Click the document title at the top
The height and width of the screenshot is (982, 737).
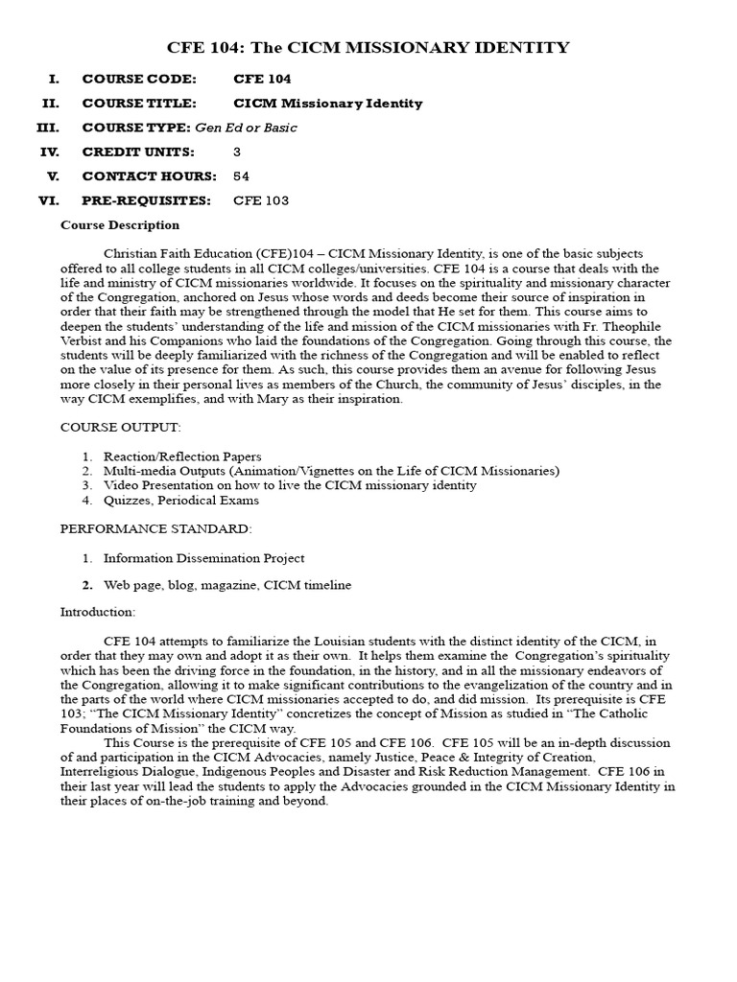pyautogui.click(x=368, y=47)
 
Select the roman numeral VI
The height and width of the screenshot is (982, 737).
pyautogui.click(x=49, y=200)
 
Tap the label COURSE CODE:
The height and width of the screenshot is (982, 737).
pyautogui.click(x=139, y=79)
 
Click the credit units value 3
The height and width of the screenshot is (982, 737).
pyautogui.click(x=237, y=152)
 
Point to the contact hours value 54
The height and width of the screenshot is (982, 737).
pyautogui.click(x=242, y=176)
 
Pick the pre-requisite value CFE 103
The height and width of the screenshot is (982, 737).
pyautogui.click(x=261, y=200)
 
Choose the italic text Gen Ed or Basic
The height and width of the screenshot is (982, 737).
pyautogui.click(x=247, y=128)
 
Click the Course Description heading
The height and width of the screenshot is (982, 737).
pyautogui.click(x=120, y=225)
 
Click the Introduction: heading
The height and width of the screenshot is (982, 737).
pyautogui.click(x=98, y=611)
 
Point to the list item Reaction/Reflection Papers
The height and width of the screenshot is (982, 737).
pyautogui.click(x=182, y=456)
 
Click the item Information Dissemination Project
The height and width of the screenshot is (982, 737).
pyautogui.click(x=204, y=558)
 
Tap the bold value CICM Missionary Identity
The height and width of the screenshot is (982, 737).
pyautogui.click(x=328, y=104)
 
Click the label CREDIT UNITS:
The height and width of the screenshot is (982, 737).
pyautogui.click(x=138, y=152)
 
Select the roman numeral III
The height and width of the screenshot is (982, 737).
pyautogui.click(x=48, y=128)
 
